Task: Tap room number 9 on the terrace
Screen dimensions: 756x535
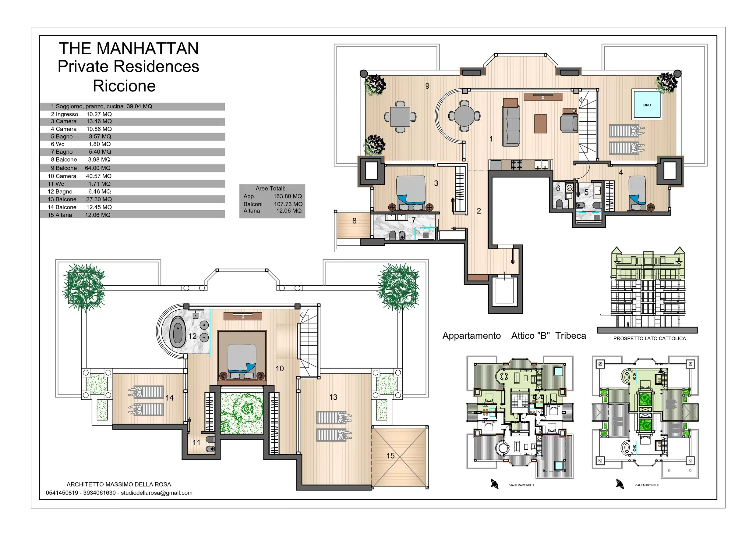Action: click(427, 86)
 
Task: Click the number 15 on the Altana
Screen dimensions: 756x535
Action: click(390, 455)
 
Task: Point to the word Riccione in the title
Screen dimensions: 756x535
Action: click(125, 86)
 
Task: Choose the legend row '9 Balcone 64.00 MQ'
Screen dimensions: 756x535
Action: click(81, 168)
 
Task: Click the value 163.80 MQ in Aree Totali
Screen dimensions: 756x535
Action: click(288, 196)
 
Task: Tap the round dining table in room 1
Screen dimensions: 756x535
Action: click(464, 116)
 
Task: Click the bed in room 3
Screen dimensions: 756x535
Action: click(411, 193)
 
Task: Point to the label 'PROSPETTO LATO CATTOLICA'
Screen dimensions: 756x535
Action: click(649, 339)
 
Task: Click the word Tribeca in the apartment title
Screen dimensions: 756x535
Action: click(571, 336)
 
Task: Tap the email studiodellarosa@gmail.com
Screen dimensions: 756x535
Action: click(157, 493)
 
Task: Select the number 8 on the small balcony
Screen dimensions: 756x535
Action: click(354, 221)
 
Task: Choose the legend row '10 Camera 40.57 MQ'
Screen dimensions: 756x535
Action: click(80, 176)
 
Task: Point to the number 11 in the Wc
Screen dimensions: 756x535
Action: click(196, 442)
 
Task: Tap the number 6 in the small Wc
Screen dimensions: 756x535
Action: click(558, 188)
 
